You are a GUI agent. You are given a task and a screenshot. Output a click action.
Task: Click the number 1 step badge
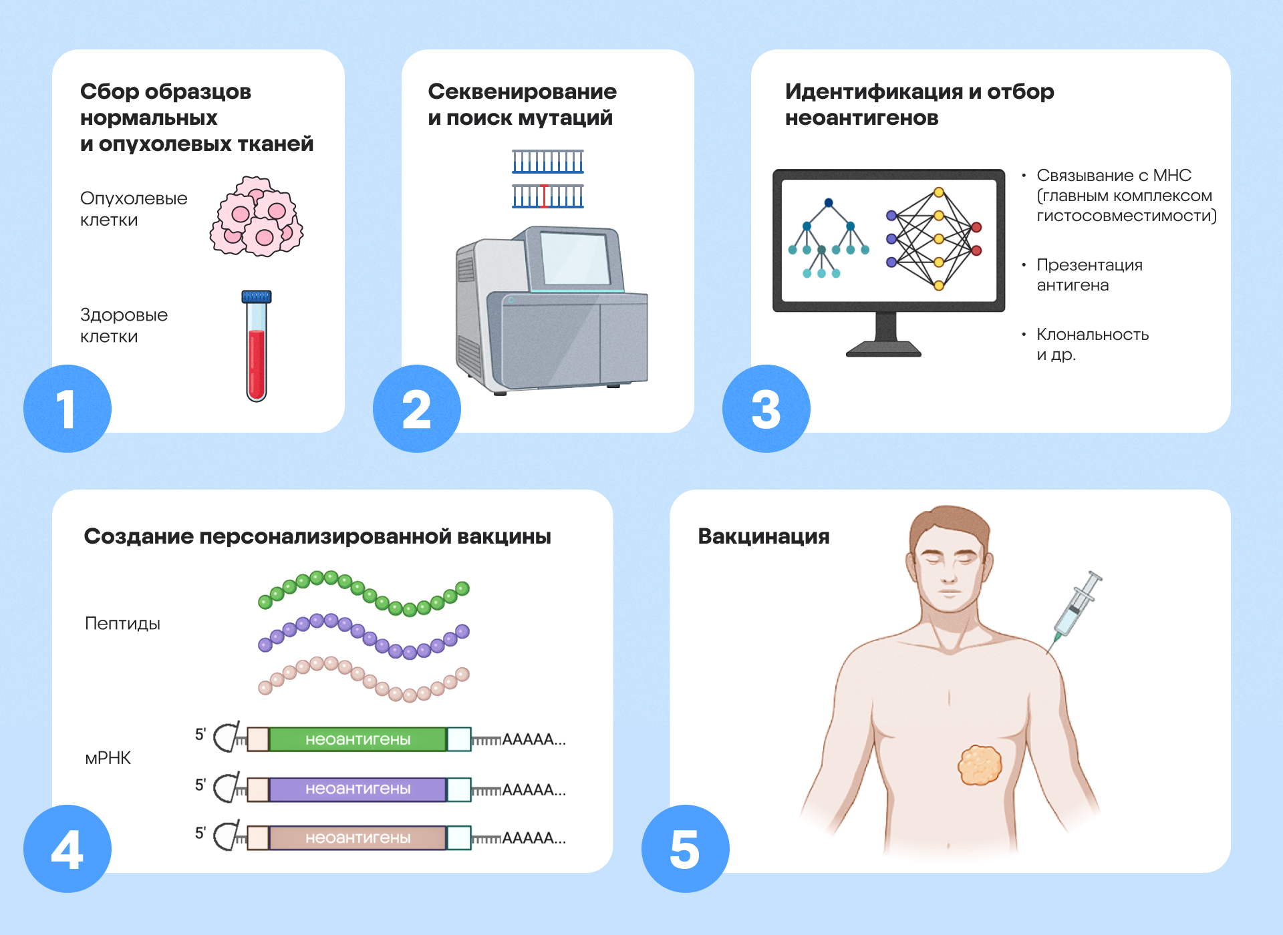coord(67,409)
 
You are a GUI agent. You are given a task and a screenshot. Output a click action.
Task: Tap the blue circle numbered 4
coord(67,849)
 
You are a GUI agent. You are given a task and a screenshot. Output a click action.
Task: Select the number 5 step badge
coord(685,849)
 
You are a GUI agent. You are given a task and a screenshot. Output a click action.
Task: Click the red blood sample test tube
coord(257,361)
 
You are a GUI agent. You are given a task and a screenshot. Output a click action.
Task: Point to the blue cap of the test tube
coord(257,297)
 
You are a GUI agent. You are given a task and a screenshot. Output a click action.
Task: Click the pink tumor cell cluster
coord(257,216)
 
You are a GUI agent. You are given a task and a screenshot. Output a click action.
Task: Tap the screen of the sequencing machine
coord(575,259)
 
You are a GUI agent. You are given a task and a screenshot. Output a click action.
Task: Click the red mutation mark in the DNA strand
coord(545,196)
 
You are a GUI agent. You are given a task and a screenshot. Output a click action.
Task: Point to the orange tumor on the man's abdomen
coord(980,765)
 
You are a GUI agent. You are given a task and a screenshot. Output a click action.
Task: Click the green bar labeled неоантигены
coord(358,739)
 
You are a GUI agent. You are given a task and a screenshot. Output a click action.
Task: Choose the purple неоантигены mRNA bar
coord(358,789)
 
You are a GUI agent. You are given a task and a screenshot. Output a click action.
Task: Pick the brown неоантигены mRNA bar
coord(358,837)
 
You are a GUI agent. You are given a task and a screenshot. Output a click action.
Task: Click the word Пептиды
coord(122,624)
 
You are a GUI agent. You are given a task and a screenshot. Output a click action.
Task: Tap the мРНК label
coord(108,758)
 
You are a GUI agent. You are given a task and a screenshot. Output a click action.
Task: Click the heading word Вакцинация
coord(763,536)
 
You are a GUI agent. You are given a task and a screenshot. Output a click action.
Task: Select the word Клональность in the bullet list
coord(1092,335)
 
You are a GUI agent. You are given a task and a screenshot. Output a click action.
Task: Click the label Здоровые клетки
coord(124,325)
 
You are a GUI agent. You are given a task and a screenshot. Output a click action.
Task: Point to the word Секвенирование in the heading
coord(522,91)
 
